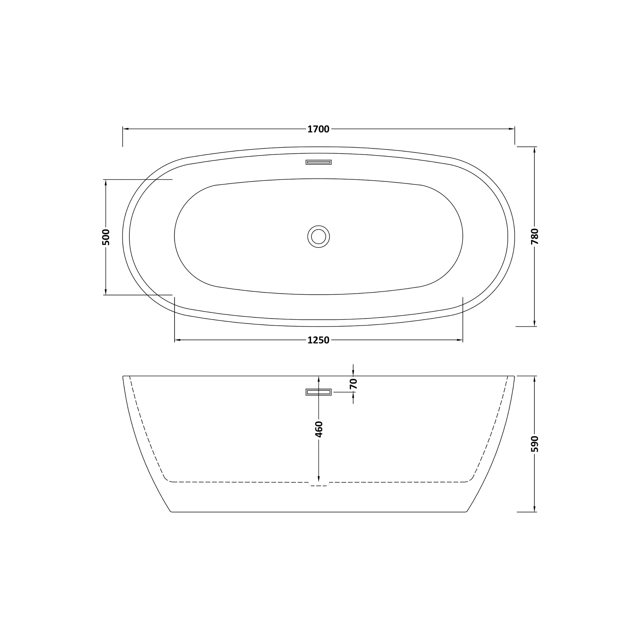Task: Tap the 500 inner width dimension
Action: click(x=106, y=237)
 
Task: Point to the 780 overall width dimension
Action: click(x=535, y=236)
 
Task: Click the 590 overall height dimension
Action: click(x=535, y=444)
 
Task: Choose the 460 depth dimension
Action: click(x=319, y=429)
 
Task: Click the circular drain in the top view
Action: click(x=319, y=237)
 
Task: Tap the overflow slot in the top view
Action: click(x=319, y=162)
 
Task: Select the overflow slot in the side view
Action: click(x=319, y=392)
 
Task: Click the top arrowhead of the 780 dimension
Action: click(x=535, y=150)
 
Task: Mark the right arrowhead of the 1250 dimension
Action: click(x=460, y=340)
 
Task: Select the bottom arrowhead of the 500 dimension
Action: click(x=106, y=292)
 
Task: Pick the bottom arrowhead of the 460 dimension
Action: click(x=319, y=479)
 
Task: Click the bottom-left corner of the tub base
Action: click(x=171, y=512)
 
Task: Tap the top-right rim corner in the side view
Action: click(x=514, y=376)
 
